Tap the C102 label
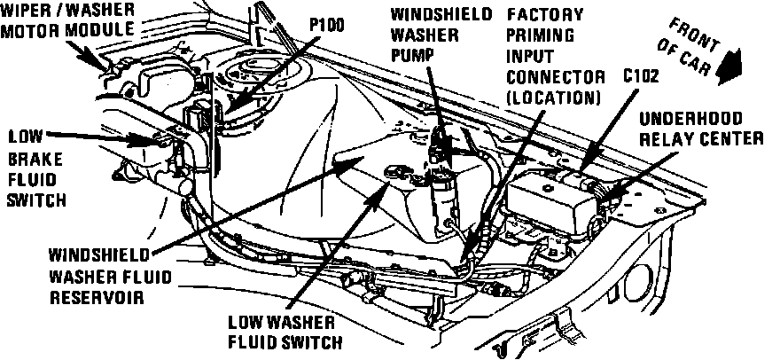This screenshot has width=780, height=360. click(x=642, y=76)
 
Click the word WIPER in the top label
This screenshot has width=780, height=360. click(x=26, y=11)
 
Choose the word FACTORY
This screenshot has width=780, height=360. click(x=544, y=15)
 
